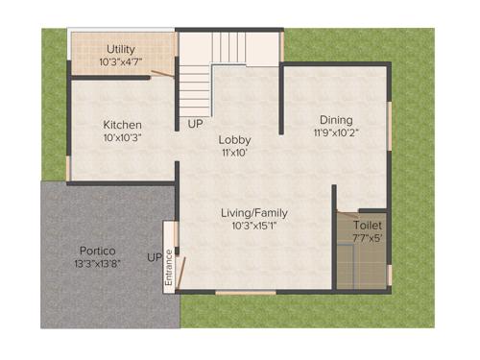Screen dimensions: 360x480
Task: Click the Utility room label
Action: click(x=121, y=49)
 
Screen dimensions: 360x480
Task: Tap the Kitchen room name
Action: click(x=123, y=125)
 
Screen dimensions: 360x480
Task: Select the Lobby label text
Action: click(x=234, y=140)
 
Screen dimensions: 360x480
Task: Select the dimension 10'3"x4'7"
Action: click(x=121, y=62)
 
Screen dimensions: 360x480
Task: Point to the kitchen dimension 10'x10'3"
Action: click(x=123, y=138)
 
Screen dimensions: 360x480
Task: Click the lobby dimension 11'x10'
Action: click(x=234, y=153)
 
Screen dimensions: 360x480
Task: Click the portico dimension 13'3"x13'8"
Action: click(x=99, y=265)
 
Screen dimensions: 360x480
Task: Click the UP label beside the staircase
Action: click(x=195, y=125)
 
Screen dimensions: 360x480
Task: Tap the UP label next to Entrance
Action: click(x=154, y=257)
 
